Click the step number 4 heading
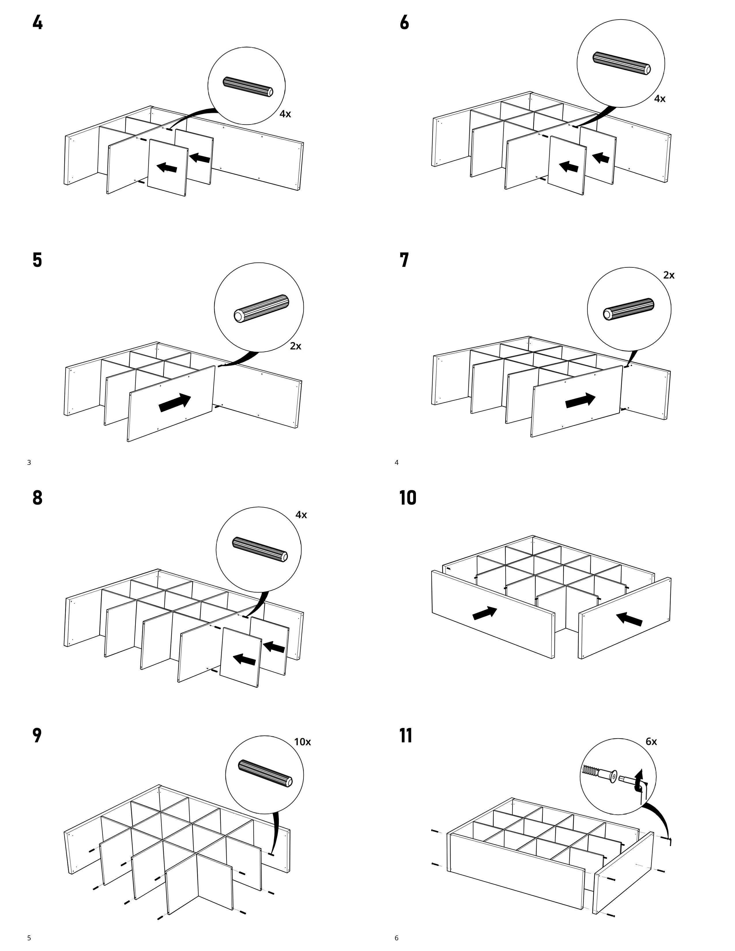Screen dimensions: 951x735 click(x=37, y=23)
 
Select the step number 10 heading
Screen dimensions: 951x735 click(x=408, y=498)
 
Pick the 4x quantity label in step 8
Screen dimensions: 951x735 click(x=301, y=515)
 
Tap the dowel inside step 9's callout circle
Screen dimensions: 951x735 click(x=265, y=774)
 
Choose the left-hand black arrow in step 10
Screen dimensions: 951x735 click(x=485, y=613)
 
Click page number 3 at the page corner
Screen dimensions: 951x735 click(x=29, y=463)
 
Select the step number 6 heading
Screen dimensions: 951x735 click(x=404, y=23)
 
